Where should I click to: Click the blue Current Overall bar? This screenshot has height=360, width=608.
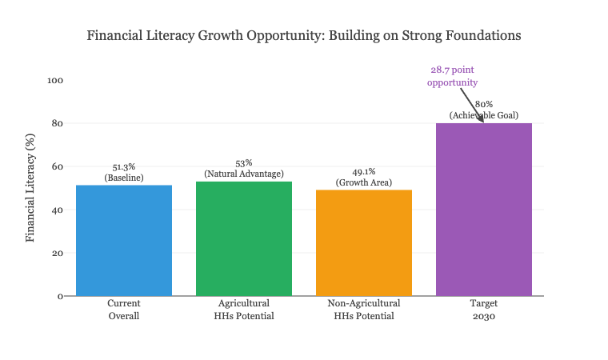point(124,240)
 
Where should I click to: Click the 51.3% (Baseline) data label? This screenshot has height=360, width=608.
point(124,172)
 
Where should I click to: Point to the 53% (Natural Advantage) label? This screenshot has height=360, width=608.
point(244,168)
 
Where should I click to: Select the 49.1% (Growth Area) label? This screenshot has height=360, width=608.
point(364,177)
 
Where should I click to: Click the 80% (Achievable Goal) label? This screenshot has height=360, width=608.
point(484,110)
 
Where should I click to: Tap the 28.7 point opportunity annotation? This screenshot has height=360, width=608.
point(452,76)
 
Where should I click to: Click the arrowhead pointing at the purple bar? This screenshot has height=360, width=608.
point(481,120)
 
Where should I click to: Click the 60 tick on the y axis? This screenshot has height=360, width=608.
point(58,167)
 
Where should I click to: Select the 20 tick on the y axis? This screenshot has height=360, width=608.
point(58,254)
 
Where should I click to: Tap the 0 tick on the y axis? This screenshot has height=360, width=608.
point(60,297)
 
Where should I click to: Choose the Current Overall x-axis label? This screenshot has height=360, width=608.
point(124,310)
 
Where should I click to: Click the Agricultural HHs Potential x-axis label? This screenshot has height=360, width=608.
point(244,310)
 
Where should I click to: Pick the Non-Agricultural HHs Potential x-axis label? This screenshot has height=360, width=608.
point(364,310)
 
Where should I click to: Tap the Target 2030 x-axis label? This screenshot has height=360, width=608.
point(484,310)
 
